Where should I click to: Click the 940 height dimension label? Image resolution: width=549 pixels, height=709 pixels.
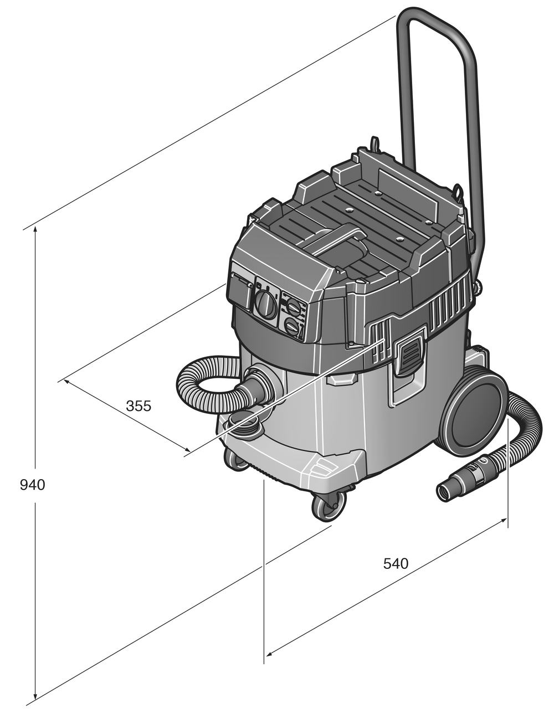(x=32, y=485)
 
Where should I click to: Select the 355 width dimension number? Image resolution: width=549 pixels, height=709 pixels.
(x=138, y=406)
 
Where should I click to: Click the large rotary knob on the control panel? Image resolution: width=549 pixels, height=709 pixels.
(x=265, y=304)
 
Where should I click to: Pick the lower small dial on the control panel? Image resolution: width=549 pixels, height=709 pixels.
(x=291, y=326)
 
